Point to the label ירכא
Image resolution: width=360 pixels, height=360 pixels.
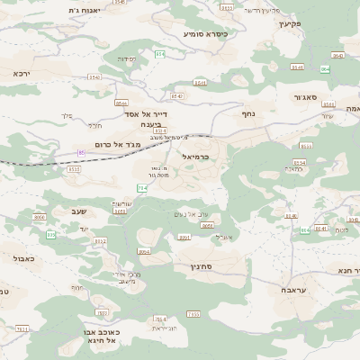(22, 73)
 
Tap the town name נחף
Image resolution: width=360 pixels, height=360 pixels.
(248, 113)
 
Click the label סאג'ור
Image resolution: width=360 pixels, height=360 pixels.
(306, 96)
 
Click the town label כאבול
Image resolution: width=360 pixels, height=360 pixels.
(24, 258)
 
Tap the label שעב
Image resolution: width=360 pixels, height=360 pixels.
(76, 211)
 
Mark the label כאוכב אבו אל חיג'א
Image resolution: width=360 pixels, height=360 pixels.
(98, 337)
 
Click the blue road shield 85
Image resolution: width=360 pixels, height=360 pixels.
(82, 153)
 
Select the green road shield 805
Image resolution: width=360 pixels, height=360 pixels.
(51, 234)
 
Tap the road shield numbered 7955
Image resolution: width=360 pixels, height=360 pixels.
(193, 313)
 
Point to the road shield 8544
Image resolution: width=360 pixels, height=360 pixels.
(120, 103)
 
